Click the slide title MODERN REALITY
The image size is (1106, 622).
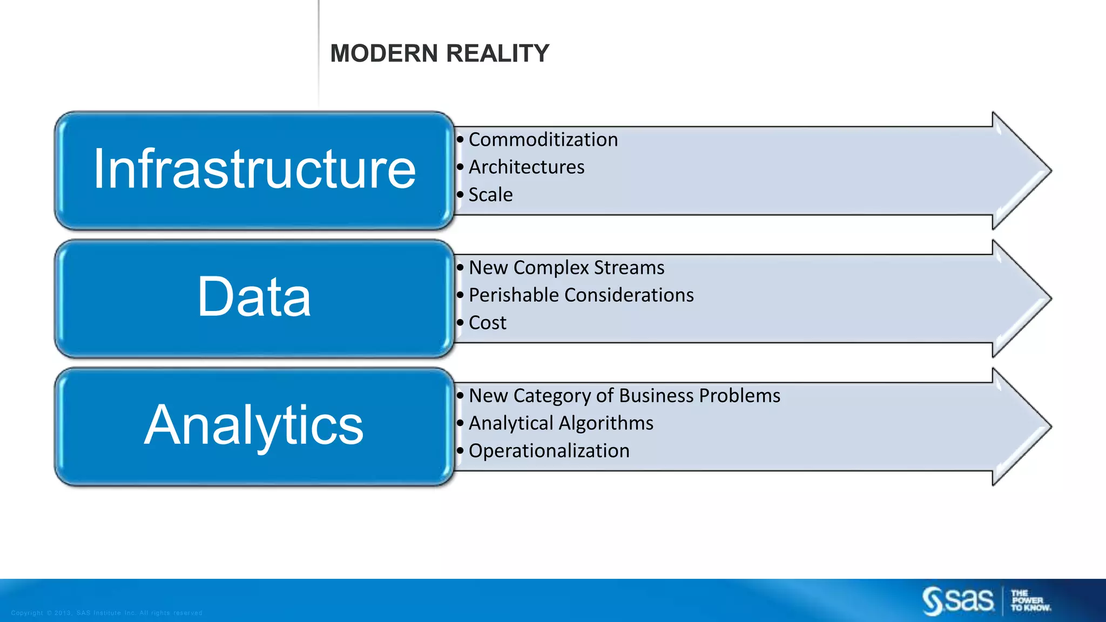[440, 53]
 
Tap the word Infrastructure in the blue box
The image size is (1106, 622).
[254, 170]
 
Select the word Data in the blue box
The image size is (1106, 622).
[254, 297]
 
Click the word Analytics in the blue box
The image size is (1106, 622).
[254, 425]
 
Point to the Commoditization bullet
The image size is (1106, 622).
[543, 140]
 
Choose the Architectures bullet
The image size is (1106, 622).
[526, 167]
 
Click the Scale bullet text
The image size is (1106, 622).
[490, 195]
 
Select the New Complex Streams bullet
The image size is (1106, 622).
[566, 268]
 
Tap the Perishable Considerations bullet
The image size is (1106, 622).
[581, 295]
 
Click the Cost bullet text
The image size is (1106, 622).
[487, 323]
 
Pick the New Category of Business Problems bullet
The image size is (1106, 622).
[624, 396]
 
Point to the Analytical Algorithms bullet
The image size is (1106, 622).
[561, 423]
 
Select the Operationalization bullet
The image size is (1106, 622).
[549, 451]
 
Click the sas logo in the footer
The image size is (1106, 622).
[958, 600]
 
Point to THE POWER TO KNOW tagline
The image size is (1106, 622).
[1030, 600]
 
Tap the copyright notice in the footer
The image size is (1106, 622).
[106, 613]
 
